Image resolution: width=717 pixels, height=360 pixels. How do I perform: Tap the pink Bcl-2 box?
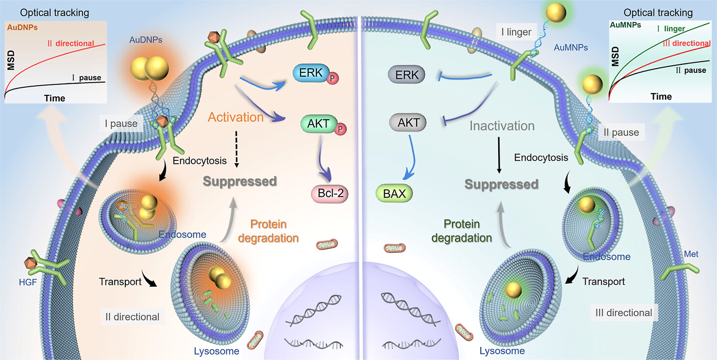point(329,193)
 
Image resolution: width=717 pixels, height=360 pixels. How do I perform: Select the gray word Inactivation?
point(502,126)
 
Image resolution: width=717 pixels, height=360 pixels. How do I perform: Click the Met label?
point(691,254)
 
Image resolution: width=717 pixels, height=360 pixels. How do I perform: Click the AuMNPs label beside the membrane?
point(571,48)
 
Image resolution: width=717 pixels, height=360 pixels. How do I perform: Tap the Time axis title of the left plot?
point(55,98)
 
